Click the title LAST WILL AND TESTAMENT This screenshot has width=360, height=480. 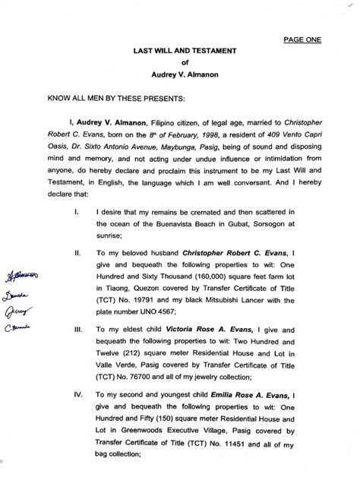point(180,51)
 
